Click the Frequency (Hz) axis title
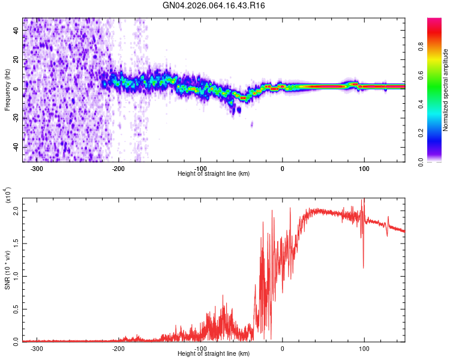coord(7,90)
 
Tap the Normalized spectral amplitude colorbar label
coord(446,90)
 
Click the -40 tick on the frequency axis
coord(15,148)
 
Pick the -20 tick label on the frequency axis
coord(15,118)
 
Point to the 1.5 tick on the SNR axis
coord(15,244)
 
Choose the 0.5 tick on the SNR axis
coord(15,309)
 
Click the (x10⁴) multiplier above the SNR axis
coord(8,194)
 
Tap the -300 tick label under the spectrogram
coord(36,169)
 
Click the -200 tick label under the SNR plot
coord(118,348)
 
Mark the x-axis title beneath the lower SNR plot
coord(214,354)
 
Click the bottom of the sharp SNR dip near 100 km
coord(363,268)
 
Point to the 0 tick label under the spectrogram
coord(283,169)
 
